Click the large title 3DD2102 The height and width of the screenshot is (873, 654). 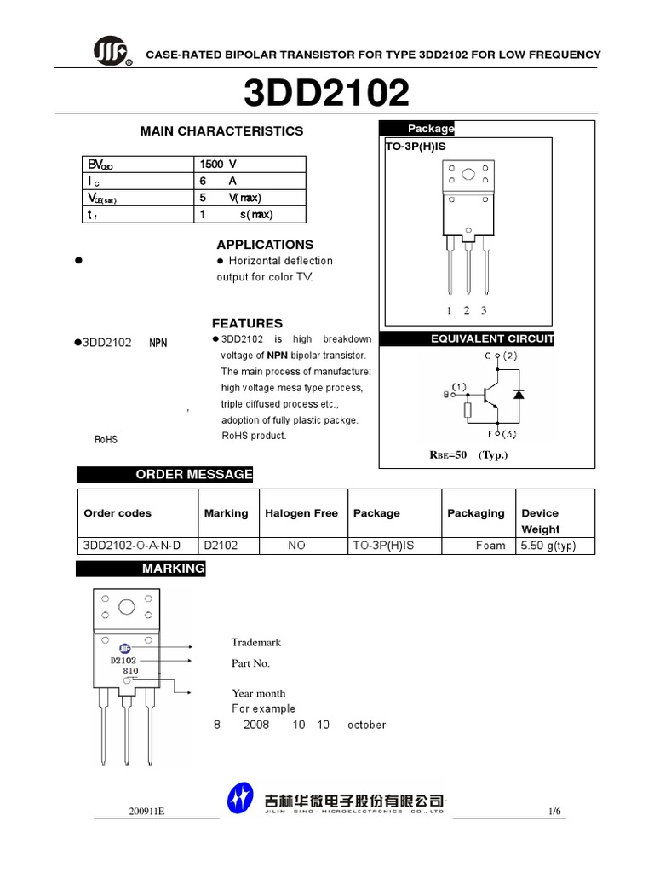click(x=326, y=94)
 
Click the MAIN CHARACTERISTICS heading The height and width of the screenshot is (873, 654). click(x=221, y=131)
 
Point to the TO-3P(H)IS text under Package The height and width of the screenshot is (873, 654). click(x=416, y=147)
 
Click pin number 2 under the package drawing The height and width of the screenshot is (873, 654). click(x=467, y=310)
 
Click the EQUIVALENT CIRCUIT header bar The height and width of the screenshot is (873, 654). click(x=492, y=339)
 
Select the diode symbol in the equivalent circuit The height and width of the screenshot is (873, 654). click(x=519, y=394)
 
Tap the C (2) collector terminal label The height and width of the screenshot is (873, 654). click(x=502, y=356)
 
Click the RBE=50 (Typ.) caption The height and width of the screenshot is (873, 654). click(x=468, y=454)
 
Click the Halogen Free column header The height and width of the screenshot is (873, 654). click(x=301, y=513)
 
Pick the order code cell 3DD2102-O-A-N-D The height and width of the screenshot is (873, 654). click(x=133, y=546)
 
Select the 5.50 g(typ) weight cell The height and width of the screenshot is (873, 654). click(x=548, y=546)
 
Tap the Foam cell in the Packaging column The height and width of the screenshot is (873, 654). click(x=490, y=546)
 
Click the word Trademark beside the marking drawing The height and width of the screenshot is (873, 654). click(x=256, y=642)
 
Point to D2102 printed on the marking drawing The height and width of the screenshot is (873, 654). click(x=123, y=660)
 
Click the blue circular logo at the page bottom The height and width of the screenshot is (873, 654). click(x=240, y=800)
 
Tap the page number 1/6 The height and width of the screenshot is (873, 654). click(x=555, y=812)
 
